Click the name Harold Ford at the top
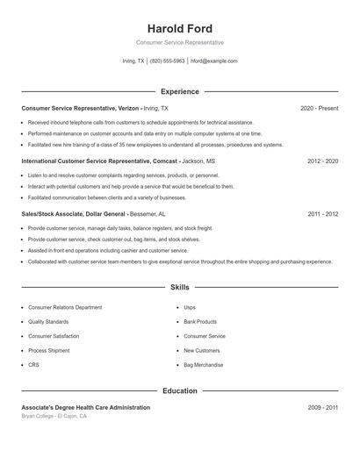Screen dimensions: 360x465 [180, 29]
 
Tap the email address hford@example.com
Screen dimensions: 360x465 [213, 61]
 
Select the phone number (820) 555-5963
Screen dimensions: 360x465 [167, 61]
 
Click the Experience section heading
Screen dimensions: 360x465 [180, 91]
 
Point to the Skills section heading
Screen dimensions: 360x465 [180, 287]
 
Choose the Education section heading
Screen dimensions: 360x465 [180, 390]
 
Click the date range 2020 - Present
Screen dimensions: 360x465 [319, 108]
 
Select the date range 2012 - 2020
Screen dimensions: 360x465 [322, 161]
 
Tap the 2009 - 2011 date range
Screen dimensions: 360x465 [322, 407]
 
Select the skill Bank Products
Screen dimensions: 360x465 [200, 322]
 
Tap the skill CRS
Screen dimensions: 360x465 [33, 364]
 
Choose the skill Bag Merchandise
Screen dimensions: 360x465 [203, 364]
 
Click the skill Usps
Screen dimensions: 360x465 [190, 308]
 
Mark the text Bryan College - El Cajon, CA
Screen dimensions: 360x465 [54, 416]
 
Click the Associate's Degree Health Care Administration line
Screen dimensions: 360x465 [85, 407]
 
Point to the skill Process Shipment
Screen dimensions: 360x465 [48, 350]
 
